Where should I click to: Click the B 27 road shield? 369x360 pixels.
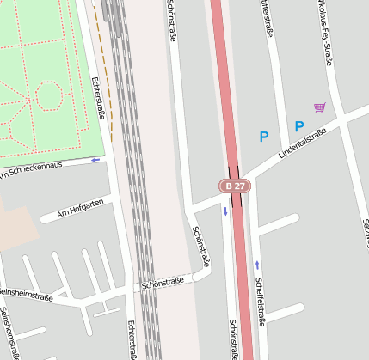tap(234, 186)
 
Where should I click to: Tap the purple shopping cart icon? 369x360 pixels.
tap(320, 107)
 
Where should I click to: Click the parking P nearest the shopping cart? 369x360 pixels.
tap(299, 126)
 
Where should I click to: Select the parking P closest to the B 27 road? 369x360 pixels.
tap(264, 136)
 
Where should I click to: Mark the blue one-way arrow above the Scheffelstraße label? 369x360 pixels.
tap(256, 263)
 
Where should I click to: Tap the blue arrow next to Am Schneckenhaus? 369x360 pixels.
tap(95, 160)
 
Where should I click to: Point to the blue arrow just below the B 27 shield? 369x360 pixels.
tap(226, 211)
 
